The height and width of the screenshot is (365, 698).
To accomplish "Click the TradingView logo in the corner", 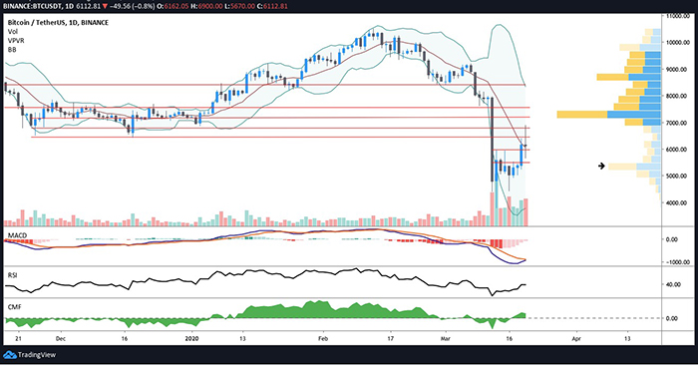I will (30, 352).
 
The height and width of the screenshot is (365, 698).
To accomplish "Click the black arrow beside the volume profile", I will (600, 166).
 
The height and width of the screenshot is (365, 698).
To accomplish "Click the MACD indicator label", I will (17, 233).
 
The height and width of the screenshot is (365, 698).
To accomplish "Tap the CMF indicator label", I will (14, 305).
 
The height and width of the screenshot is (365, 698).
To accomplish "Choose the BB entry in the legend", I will (12, 47).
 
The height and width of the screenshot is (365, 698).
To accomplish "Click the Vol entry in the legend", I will (13, 29).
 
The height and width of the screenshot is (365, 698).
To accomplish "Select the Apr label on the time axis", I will (576, 339).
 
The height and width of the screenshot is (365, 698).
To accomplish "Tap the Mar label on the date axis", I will (445, 339).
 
